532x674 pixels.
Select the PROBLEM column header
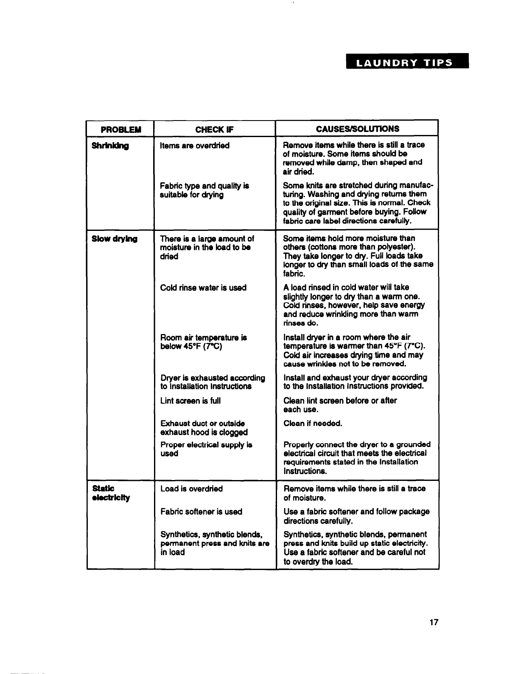(121, 129)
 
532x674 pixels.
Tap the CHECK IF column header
(215, 129)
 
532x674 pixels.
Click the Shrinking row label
(110, 146)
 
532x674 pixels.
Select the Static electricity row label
(105, 493)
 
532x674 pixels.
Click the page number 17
(433, 623)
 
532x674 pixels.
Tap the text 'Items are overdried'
(195, 146)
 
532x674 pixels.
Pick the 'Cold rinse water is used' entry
(203, 288)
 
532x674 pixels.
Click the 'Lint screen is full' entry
(190, 401)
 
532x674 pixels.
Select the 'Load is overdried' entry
(191, 489)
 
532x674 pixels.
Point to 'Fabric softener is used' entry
(201, 512)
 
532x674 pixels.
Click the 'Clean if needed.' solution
(313, 424)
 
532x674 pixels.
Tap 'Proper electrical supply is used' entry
(206, 449)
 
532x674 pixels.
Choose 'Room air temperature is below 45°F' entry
(204, 342)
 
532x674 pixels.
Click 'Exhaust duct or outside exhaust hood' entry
(204, 428)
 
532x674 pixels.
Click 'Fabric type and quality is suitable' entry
(204, 191)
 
